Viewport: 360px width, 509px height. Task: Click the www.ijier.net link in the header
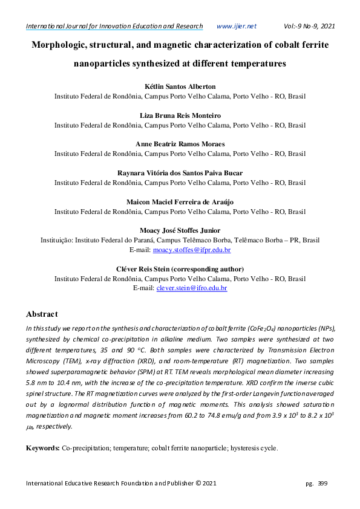(236, 26)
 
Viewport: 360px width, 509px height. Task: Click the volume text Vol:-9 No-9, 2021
(309, 26)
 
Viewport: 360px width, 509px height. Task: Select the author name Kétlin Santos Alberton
(180, 86)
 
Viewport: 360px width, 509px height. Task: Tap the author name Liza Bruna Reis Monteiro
(180, 115)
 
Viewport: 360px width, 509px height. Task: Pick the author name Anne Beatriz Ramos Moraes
(180, 144)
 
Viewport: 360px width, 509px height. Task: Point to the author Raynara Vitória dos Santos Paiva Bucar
(180, 173)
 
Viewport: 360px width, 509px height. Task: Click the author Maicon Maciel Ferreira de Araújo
(180, 201)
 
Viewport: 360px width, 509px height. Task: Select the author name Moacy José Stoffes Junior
(180, 230)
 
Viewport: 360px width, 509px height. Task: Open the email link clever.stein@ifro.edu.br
(191, 288)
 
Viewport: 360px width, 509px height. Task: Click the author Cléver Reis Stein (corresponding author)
(180, 269)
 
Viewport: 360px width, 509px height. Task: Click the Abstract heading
(42, 314)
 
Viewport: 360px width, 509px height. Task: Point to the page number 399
(322, 484)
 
